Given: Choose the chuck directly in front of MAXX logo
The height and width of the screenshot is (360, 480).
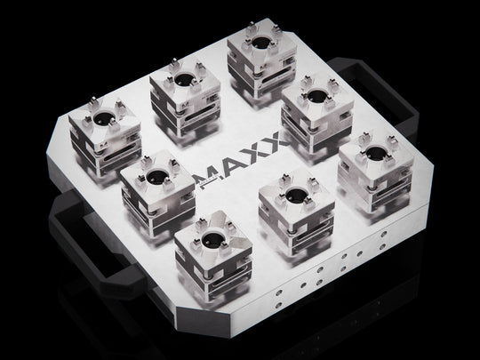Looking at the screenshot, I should [293, 210].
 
